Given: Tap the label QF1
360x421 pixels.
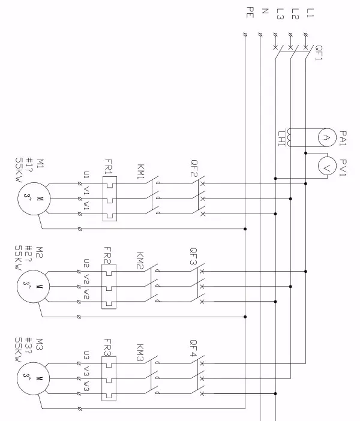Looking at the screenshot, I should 319,53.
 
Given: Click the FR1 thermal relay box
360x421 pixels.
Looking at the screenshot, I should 109,198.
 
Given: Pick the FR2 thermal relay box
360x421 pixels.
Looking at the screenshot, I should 109,287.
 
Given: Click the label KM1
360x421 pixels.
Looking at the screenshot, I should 140,172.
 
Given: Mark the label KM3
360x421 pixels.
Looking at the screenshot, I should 140,352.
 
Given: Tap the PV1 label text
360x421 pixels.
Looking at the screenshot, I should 343,169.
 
